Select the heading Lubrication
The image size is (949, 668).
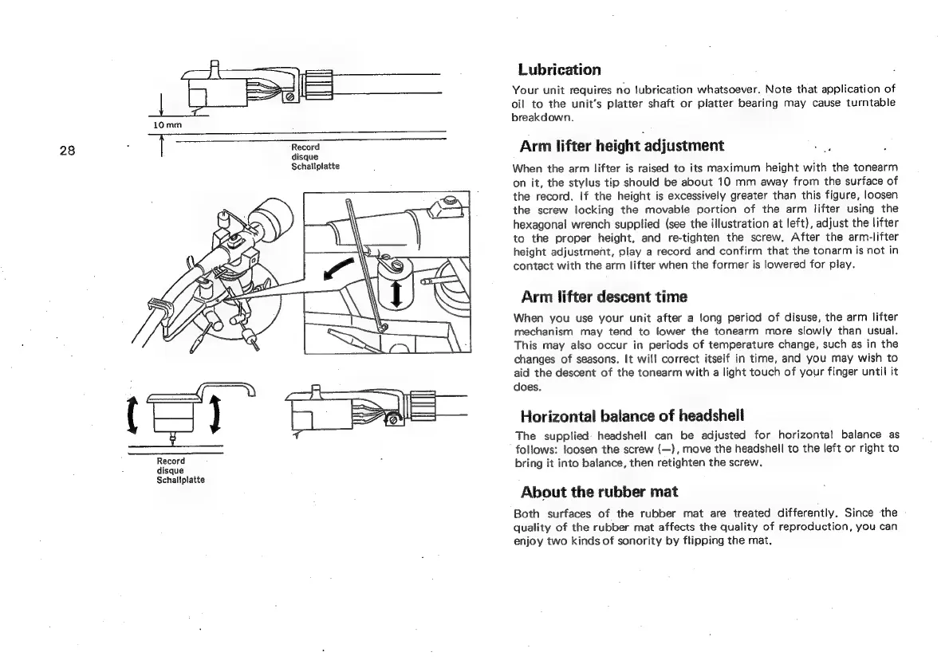[x=559, y=69]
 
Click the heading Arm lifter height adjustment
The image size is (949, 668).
[x=621, y=146]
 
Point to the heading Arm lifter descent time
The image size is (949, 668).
[x=603, y=297]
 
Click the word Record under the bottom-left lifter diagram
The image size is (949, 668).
[x=171, y=462]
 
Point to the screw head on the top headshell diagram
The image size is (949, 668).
[x=289, y=96]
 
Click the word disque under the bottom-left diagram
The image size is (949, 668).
[x=169, y=470]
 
